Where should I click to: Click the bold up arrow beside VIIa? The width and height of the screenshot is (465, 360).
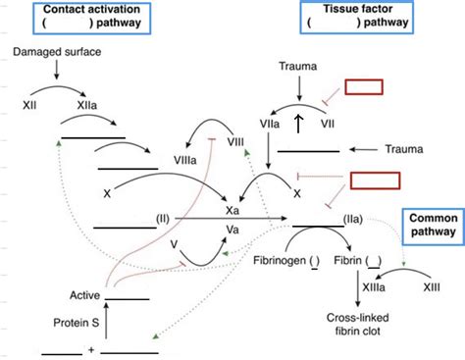tap(297, 126)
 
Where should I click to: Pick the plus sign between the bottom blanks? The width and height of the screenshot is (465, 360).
tap(90, 349)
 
